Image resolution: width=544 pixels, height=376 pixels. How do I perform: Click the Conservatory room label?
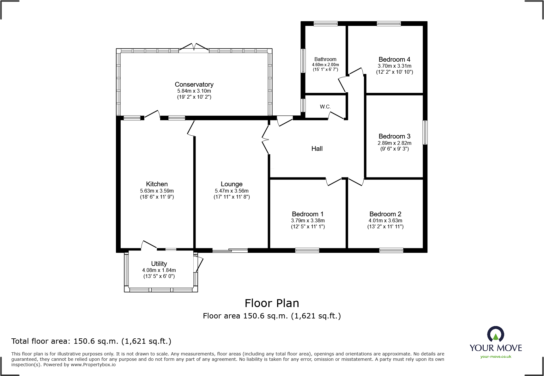(x=194, y=84)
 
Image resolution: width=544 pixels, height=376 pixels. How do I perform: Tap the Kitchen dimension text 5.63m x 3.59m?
(x=157, y=191)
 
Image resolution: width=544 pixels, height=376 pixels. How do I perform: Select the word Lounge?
(x=232, y=184)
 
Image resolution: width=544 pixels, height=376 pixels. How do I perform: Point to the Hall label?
(x=317, y=149)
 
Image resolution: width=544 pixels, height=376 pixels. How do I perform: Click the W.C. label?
(x=325, y=107)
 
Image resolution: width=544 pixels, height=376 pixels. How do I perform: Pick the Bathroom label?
(x=325, y=59)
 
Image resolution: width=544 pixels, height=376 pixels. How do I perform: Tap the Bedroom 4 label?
(x=394, y=59)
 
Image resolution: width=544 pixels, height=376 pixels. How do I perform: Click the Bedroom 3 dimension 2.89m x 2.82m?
(x=395, y=143)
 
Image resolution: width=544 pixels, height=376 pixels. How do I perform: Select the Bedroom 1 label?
(x=308, y=214)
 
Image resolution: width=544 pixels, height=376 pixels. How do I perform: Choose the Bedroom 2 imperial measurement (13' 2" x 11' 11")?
(x=385, y=226)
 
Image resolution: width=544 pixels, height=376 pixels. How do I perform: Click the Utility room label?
(x=159, y=264)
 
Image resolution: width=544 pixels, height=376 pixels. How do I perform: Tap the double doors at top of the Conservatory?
(x=194, y=48)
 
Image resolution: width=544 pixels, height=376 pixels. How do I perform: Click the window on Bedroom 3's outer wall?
(x=425, y=133)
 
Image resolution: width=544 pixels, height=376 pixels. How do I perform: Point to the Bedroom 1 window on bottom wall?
(x=307, y=250)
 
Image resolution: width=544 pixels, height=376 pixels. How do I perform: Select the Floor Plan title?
(x=272, y=303)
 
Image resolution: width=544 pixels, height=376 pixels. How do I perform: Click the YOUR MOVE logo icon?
(x=495, y=334)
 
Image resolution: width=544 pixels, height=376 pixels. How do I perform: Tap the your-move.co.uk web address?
(x=496, y=357)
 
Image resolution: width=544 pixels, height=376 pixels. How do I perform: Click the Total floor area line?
(x=91, y=341)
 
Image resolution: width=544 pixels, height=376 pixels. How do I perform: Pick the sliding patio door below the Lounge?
(x=230, y=250)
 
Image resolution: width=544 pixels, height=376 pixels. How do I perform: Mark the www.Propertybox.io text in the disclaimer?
(x=93, y=365)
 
